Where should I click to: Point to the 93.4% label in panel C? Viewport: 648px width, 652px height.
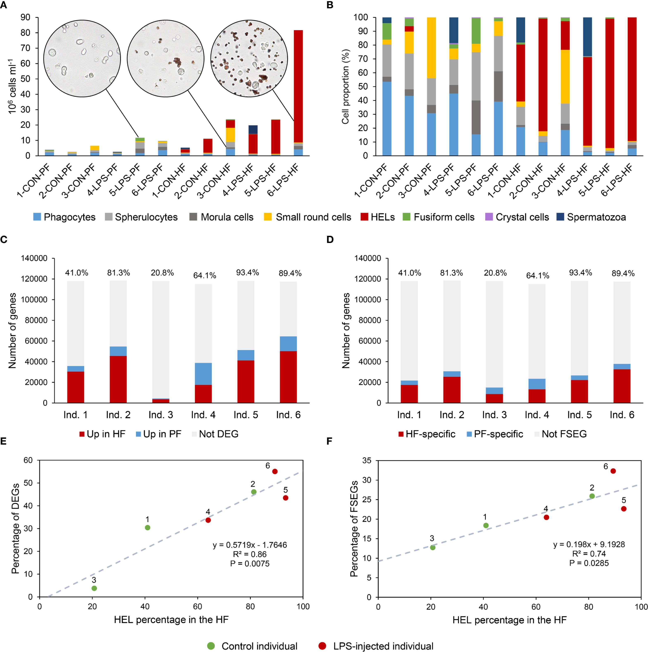247,273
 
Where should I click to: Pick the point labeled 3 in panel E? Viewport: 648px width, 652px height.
94,588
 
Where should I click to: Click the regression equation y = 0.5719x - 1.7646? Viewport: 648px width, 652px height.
250,545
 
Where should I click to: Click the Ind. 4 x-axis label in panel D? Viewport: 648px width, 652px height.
537,415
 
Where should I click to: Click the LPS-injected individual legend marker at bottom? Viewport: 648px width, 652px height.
323,646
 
